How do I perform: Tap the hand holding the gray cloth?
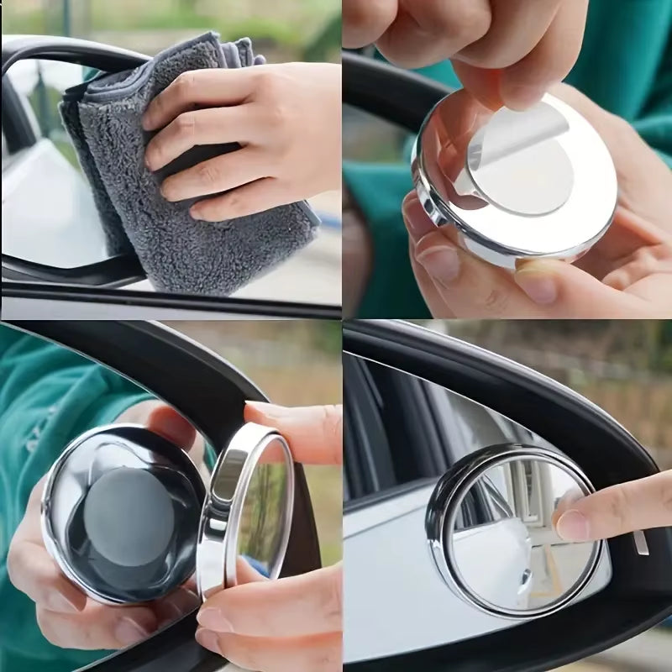[252, 126]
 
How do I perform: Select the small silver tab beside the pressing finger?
[640, 542]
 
